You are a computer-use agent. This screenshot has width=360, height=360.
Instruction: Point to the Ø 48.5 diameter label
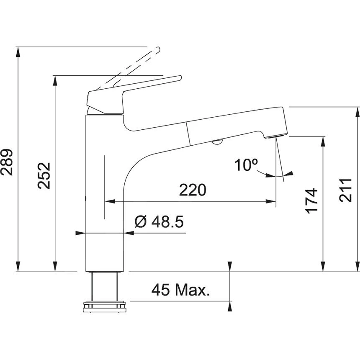click(x=159, y=222)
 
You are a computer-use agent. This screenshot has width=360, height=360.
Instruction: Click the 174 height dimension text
click(x=312, y=201)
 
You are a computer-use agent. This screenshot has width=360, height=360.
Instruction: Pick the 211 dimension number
click(x=347, y=190)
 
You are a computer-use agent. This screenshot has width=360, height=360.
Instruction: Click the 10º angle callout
click(x=246, y=165)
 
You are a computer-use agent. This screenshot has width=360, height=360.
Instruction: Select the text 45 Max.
click(x=181, y=290)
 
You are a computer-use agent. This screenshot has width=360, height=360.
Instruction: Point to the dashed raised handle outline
click(x=134, y=67)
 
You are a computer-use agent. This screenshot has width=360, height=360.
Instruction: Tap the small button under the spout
click(x=217, y=143)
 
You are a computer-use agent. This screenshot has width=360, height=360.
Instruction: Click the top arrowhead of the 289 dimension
click(x=18, y=51)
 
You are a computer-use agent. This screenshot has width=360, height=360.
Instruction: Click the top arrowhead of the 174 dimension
click(x=323, y=140)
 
